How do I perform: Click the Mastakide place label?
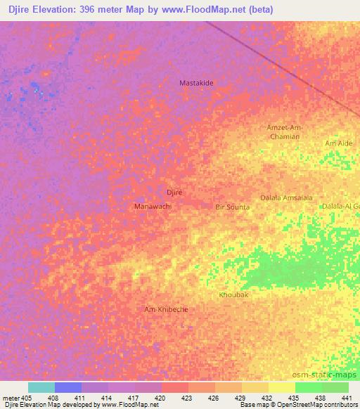[x=196, y=82]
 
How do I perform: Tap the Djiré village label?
[x=174, y=192]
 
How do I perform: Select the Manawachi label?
[x=153, y=207]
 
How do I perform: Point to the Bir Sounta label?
[x=232, y=207]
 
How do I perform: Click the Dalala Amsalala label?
[x=286, y=198]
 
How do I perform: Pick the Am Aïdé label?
[x=337, y=143]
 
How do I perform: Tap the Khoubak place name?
[x=233, y=295]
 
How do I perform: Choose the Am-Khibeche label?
[x=166, y=309]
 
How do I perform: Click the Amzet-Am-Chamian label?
[x=285, y=132]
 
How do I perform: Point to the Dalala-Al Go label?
[x=340, y=206]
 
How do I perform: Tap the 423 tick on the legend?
[x=188, y=398]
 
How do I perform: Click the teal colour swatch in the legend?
[x=41, y=387]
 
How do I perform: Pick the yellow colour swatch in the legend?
[x=281, y=387]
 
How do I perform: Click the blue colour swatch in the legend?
[x=67, y=387]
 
